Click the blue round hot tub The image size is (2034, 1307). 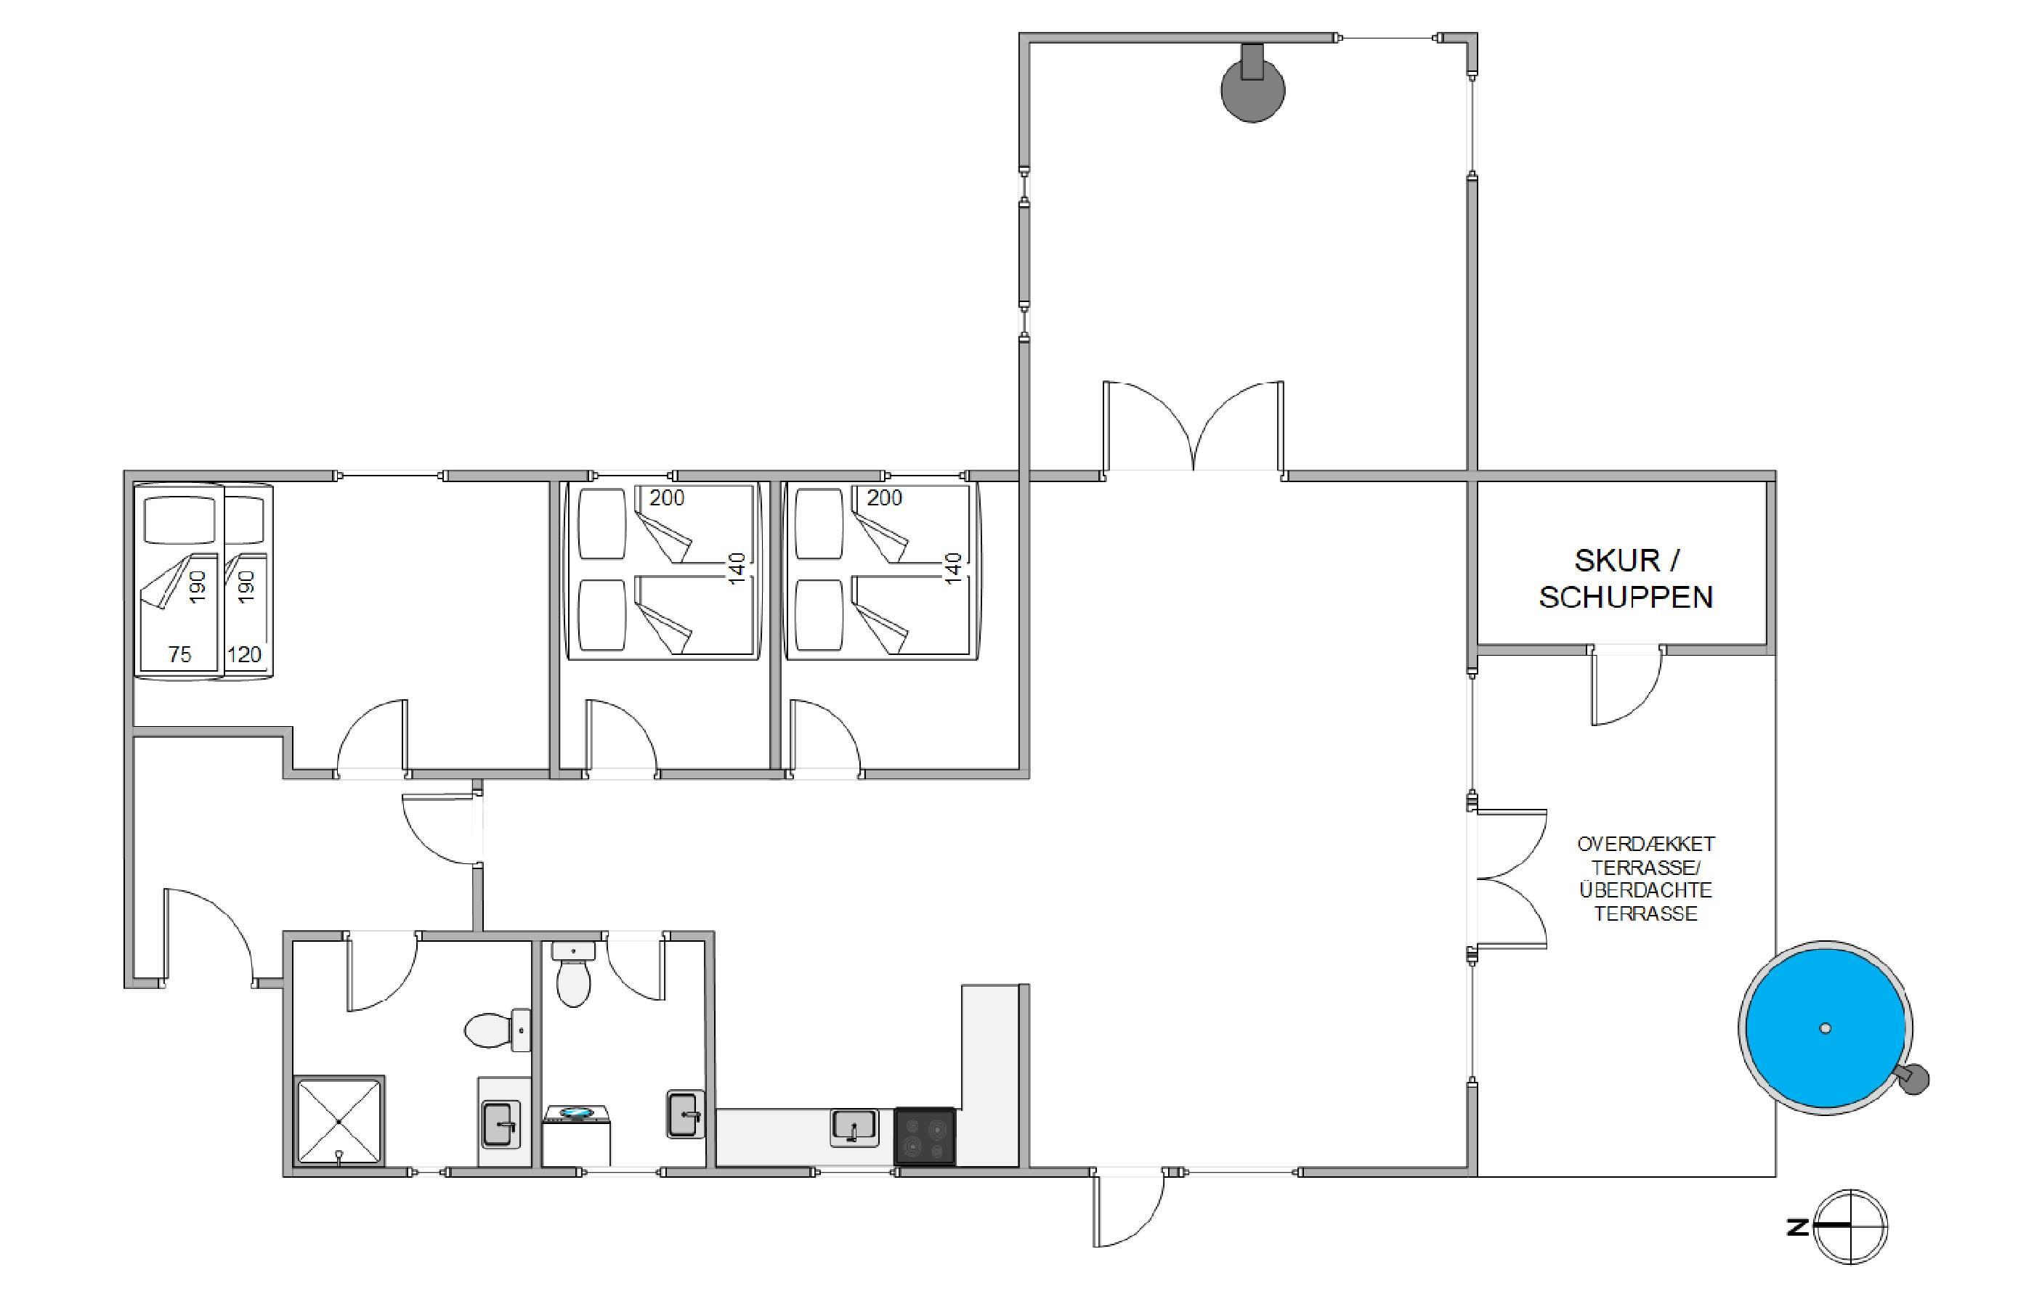pyautogui.click(x=1826, y=1027)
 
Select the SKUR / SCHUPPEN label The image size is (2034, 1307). pyautogui.click(x=1626, y=578)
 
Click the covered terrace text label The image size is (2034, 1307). pyautogui.click(x=1645, y=879)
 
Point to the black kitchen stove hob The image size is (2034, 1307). pyautogui.click(x=925, y=1136)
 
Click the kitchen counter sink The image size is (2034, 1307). pyautogui.click(x=854, y=1128)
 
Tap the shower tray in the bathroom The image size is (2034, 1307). pyautogui.click(x=339, y=1121)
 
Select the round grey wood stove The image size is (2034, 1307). pyautogui.click(x=1252, y=84)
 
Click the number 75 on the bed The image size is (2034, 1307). pyautogui.click(x=180, y=654)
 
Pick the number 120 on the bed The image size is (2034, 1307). pyautogui.click(x=245, y=654)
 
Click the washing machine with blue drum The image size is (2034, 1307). pyautogui.click(x=576, y=1135)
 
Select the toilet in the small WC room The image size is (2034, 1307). pyautogui.click(x=573, y=974)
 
